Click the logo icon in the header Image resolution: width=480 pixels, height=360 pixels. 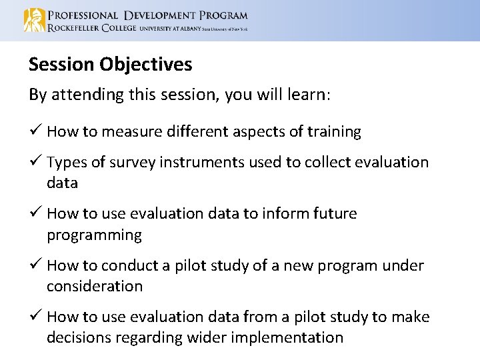35,21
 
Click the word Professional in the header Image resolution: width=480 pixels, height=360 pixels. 81,15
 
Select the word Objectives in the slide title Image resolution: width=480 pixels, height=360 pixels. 146,65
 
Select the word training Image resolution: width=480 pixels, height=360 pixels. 334,132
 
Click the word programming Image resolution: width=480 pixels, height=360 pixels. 94,235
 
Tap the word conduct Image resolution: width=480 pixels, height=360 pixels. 127,266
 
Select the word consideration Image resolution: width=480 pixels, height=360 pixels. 95,287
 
